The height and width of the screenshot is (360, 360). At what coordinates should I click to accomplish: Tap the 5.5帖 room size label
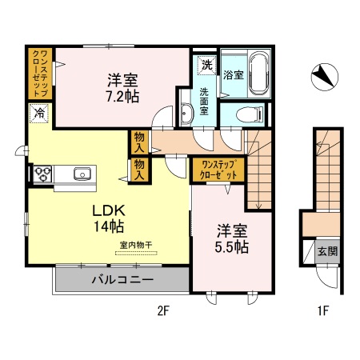click(x=232, y=247)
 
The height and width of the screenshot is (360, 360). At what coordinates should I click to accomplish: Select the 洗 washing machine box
click(x=206, y=64)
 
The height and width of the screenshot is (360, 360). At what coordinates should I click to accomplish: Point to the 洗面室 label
click(x=204, y=102)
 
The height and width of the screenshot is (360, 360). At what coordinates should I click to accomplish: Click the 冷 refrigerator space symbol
click(x=39, y=114)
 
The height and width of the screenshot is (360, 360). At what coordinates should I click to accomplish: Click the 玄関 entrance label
click(x=327, y=251)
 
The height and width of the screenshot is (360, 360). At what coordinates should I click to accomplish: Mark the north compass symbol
click(x=323, y=76)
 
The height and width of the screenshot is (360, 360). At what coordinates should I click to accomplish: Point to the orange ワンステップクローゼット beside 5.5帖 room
click(x=217, y=170)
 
